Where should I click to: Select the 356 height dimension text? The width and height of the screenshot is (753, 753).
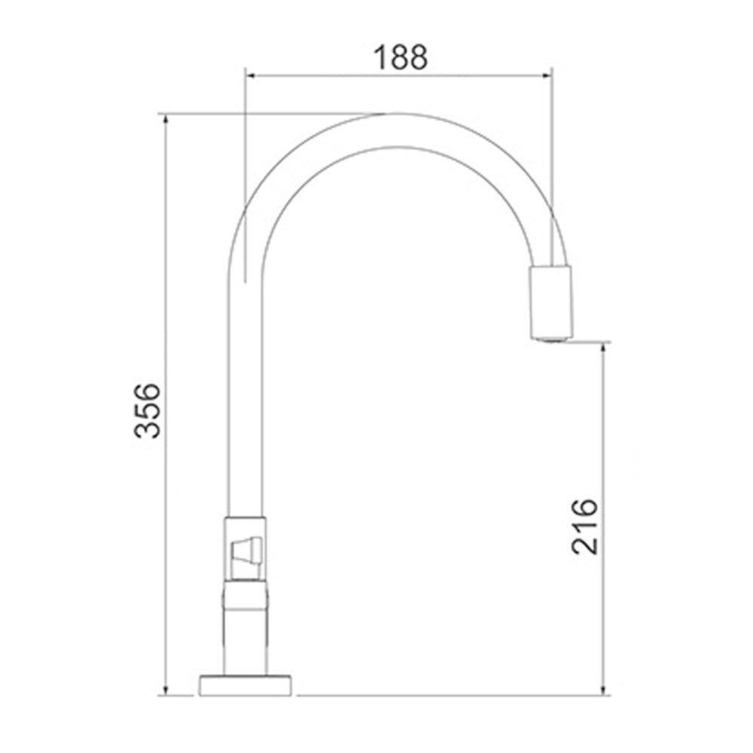[x=148, y=410]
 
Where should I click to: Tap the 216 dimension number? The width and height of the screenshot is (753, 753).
[x=584, y=526]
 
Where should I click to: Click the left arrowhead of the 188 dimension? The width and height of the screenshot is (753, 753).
[x=251, y=75]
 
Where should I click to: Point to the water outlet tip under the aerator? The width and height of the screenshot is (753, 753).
[x=552, y=338]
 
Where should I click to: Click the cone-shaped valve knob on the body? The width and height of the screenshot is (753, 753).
[x=246, y=550]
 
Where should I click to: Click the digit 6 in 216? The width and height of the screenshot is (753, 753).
[x=584, y=508]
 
